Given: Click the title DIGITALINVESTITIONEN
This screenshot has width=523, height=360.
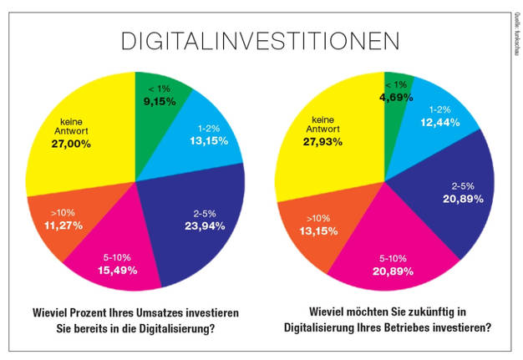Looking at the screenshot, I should click(x=260, y=41).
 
